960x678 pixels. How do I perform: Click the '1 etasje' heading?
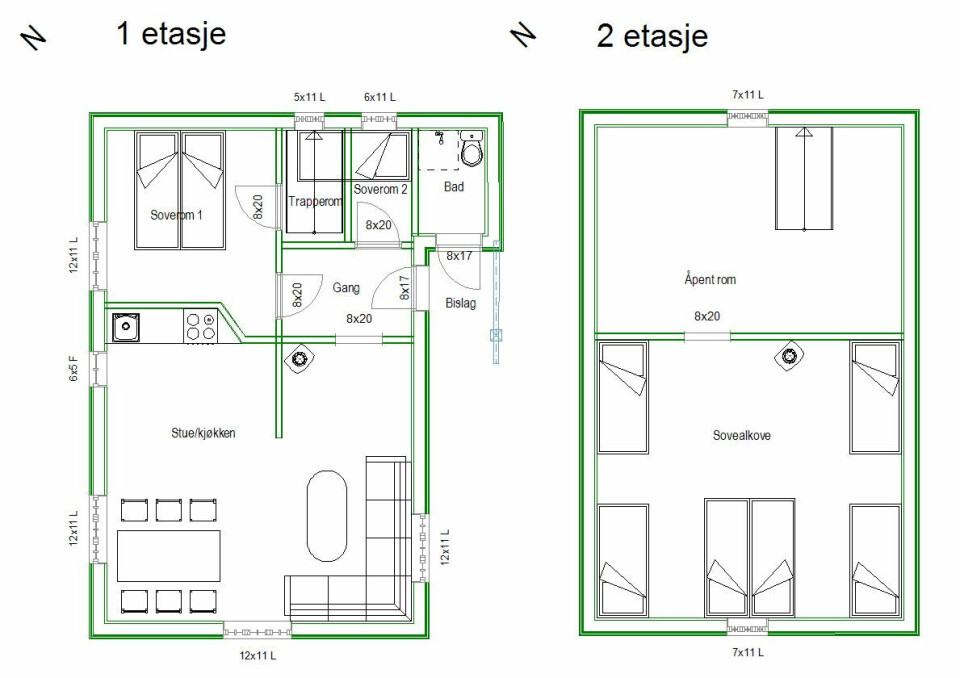[x=171, y=33]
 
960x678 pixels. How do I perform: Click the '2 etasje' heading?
[x=652, y=37]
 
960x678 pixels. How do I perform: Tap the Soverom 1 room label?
[x=177, y=215]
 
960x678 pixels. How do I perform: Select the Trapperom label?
[x=315, y=201]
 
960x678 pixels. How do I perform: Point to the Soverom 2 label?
[x=381, y=189]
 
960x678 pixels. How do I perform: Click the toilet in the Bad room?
[x=471, y=151]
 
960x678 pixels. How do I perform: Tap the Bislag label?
[x=461, y=303]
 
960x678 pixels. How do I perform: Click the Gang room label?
[x=346, y=288]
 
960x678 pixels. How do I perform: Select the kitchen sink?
[x=126, y=326]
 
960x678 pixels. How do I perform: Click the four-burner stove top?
[x=200, y=326]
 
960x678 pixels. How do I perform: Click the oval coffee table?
[x=326, y=516]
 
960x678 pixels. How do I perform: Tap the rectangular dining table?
[x=169, y=556]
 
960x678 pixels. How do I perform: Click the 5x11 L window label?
[x=310, y=97]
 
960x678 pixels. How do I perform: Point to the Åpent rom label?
[x=710, y=280]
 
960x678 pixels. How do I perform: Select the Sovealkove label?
[x=741, y=436]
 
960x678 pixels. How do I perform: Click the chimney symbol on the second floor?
[x=790, y=357]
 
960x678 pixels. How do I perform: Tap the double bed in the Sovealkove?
[x=750, y=558]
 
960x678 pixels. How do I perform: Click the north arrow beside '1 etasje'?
[x=34, y=37]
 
